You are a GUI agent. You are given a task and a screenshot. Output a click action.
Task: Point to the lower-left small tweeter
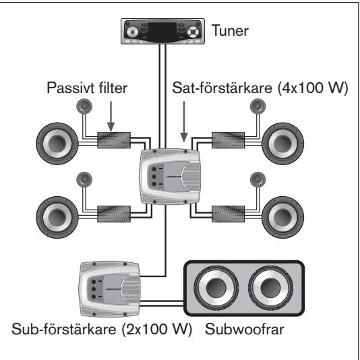(x=84, y=179)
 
